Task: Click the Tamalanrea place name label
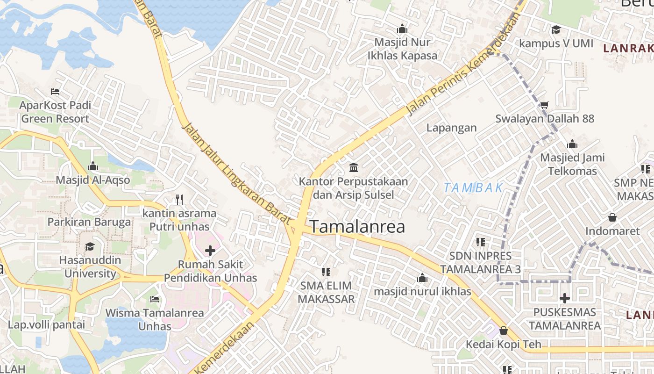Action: [357, 227]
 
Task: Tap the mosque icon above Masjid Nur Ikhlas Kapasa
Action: [402, 29]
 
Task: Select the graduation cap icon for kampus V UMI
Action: [556, 30]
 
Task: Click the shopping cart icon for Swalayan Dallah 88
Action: [544, 105]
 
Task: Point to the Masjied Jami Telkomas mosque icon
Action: [572, 144]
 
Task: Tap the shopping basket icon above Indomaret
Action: [612, 217]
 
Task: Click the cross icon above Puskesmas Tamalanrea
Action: [565, 298]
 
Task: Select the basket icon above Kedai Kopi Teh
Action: [503, 331]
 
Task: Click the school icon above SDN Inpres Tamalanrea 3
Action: [480, 242]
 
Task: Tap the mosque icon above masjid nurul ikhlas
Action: [422, 278]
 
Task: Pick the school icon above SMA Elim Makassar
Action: [326, 272]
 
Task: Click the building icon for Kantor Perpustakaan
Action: [354, 167]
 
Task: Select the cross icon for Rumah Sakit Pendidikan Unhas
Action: [210, 251]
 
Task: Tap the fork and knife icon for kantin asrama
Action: [179, 200]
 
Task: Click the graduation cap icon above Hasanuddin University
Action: [90, 246]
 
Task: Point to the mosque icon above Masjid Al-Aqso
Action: [92, 166]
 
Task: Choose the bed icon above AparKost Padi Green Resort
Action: [55, 92]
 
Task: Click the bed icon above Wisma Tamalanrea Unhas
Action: [155, 299]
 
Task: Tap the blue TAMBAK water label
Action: [473, 188]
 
